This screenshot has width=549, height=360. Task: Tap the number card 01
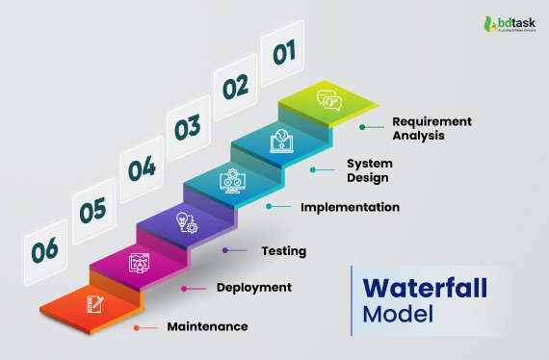[283, 53]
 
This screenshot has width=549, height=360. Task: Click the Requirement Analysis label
[432, 129]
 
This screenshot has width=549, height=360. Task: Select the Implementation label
[350, 206]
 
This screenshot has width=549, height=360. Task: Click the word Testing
[284, 251]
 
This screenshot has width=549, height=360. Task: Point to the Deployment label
[254, 287]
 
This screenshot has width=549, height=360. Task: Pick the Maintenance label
[207, 326]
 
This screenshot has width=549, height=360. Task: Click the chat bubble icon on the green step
[330, 99]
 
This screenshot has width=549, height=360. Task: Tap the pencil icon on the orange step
[95, 303]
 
